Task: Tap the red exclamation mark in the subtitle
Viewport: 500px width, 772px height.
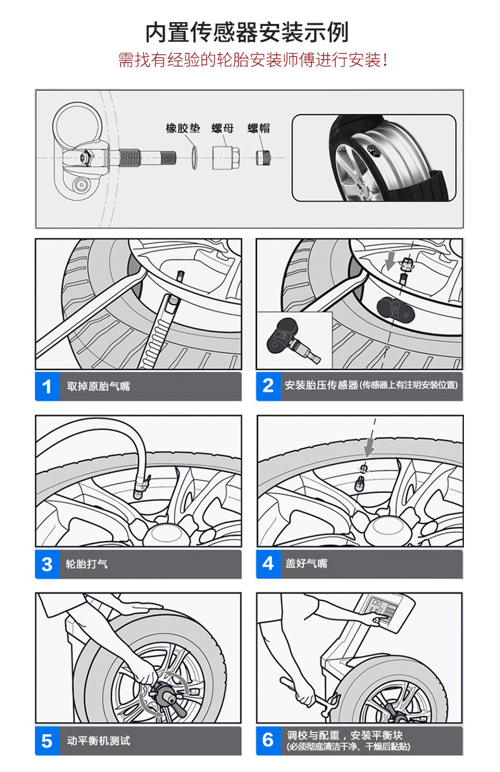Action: click(385, 61)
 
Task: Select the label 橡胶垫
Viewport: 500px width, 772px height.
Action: click(182, 128)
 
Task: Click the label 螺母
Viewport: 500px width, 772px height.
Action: click(222, 128)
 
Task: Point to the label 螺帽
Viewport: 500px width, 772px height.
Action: click(258, 128)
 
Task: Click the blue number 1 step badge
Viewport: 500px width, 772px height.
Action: click(46, 386)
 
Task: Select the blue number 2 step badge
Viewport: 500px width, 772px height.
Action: click(268, 385)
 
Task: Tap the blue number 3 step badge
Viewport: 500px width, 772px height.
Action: click(46, 564)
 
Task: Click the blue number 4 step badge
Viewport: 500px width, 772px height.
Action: click(268, 564)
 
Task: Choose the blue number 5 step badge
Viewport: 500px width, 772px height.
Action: click(46, 741)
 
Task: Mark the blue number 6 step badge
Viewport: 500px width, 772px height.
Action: click(268, 740)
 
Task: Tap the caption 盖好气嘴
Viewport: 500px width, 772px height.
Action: click(306, 564)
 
